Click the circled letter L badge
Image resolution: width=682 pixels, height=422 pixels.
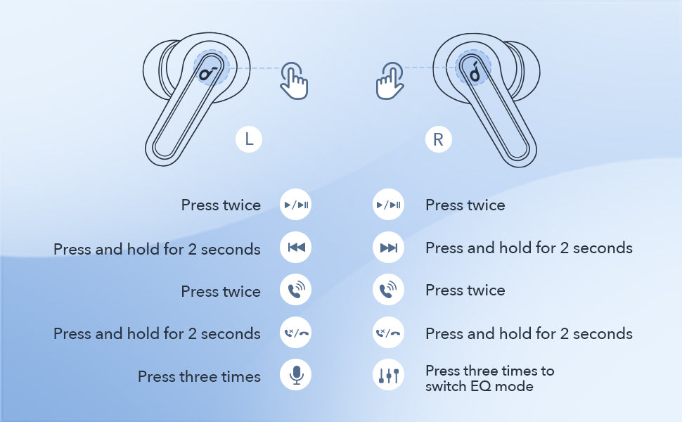pos(249,139)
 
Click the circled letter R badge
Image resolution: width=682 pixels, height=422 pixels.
pos(439,139)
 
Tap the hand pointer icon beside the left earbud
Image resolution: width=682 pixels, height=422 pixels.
pos(295,81)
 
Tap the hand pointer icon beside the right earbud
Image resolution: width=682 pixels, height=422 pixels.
pos(390,81)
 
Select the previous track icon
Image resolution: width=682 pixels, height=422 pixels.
pos(296,248)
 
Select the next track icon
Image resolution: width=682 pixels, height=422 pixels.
pos(388,248)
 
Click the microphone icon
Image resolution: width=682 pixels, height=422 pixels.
pos(296,375)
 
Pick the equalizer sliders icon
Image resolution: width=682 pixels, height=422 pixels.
pos(388,375)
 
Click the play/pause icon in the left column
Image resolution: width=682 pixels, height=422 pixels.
pos(296,205)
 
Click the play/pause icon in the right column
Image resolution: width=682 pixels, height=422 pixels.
pos(388,205)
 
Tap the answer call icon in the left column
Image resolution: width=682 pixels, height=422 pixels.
pos(296,290)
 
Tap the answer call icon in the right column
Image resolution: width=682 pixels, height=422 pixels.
pos(388,290)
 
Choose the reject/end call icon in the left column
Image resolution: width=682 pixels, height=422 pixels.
pos(296,333)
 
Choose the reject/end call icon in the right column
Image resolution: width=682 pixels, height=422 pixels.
pos(388,333)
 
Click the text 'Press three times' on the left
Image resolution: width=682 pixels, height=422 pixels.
pos(199,377)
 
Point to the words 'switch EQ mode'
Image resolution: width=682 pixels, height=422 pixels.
pos(480,386)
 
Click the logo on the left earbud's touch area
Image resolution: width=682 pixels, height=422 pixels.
pos(208,72)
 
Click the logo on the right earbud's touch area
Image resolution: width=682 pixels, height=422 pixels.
pos(475,72)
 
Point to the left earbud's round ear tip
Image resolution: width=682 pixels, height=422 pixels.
pos(155,70)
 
